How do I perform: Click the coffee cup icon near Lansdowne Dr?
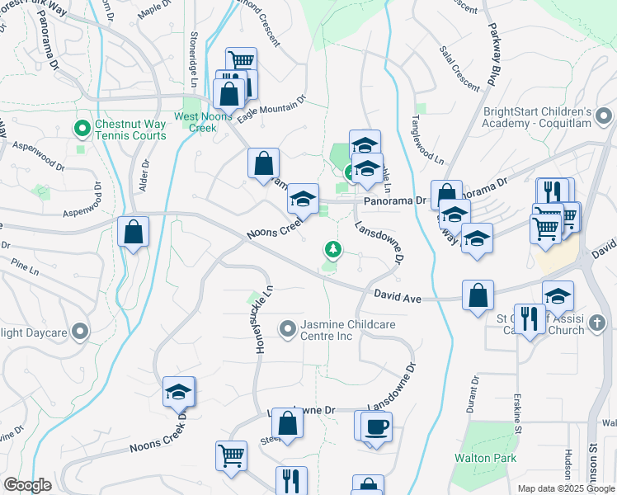(x=376, y=427)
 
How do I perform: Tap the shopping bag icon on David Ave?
(x=478, y=295)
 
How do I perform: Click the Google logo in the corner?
(x=27, y=485)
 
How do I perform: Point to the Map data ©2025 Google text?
(x=566, y=488)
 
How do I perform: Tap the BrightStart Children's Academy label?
(x=538, y=118)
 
